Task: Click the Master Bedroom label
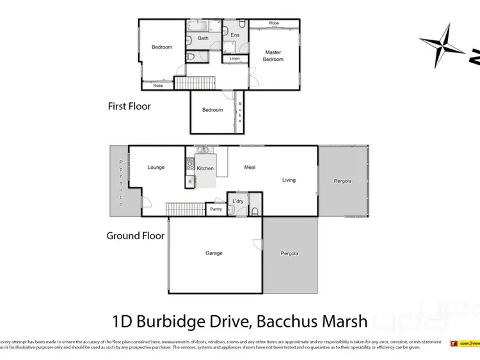273,55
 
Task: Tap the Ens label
235,35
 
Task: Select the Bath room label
203,38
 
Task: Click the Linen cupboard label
234,59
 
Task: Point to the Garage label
214,253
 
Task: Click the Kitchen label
205,168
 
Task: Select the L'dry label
238,201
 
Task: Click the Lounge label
156,168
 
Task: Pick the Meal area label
250,168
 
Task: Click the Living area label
289,180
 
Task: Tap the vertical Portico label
119,182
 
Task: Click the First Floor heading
129,106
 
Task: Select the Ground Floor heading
135,236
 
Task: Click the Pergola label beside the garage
289,254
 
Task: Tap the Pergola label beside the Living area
342,181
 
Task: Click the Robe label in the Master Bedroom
274,23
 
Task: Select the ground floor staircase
185,209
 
